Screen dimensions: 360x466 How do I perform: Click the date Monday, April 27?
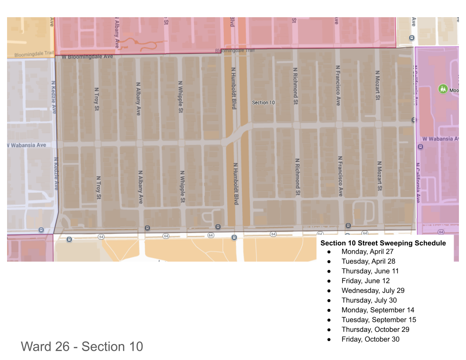tap(367, 251)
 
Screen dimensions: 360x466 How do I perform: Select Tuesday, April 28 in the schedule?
tap(368, 261)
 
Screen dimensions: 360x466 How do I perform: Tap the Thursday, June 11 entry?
tap(370, 271)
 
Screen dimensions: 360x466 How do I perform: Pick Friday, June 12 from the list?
tap(365, 281)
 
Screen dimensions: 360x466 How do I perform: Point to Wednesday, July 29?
tap(373, 290)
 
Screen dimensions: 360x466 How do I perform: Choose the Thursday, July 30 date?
tap(369, 300)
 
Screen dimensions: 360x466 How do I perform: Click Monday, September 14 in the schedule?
tap(378, 310)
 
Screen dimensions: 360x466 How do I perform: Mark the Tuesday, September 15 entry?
tap(379, 319)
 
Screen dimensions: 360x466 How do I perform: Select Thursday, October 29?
tap(375, 329)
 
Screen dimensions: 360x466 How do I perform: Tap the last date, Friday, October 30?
tap(370, 339)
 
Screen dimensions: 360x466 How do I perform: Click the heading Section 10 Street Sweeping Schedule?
tap(383, 243)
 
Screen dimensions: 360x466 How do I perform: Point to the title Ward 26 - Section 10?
tap(82, 346)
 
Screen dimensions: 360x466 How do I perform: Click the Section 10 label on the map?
tap(263, 102)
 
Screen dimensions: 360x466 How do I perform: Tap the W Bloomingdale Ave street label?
tap(87, 57)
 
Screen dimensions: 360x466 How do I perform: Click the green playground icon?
tap(443, 89)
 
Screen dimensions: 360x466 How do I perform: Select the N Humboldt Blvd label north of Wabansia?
tap(234, 88)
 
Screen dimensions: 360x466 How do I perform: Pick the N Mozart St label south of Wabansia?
tap(379, 176)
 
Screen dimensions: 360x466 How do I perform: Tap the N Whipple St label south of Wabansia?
tap(182, 187)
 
